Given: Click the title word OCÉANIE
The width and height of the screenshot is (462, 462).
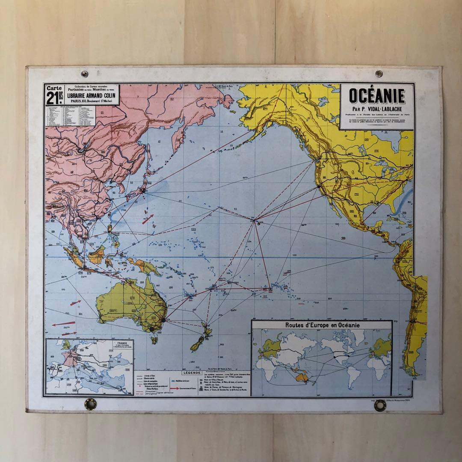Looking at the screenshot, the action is click(377, 96).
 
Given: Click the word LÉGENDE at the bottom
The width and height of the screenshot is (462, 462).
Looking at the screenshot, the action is click(194, 373).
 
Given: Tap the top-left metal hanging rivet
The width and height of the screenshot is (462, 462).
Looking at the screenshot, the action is click(84, 74).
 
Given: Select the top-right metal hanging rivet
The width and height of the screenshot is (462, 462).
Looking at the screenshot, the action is click(378, 73).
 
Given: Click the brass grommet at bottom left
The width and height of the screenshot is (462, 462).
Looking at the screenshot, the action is click(90, 404).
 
